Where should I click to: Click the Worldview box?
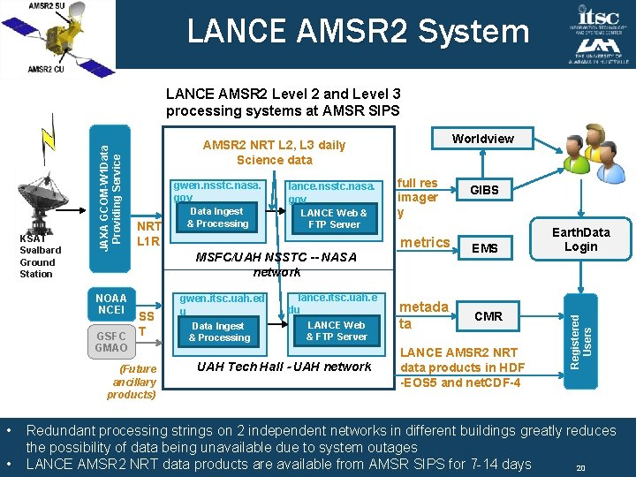coord(482,139)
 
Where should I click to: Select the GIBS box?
coord(484,190)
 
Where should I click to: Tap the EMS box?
coord(485,249)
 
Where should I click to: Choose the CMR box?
coord(488,315)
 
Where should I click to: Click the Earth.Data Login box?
coord(580,239)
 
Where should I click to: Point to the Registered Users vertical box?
coord(581,332)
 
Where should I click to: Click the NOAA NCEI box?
coord(111,304)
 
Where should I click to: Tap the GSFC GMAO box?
coord(111,341)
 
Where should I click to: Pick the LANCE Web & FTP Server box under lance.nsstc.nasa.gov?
coord(333,218)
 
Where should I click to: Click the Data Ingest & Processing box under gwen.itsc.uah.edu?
coord(219,331)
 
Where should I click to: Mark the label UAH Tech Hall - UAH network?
coord(284,367)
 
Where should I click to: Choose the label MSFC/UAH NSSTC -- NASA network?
coord(276,264)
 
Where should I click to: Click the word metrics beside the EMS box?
coord(425,243)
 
